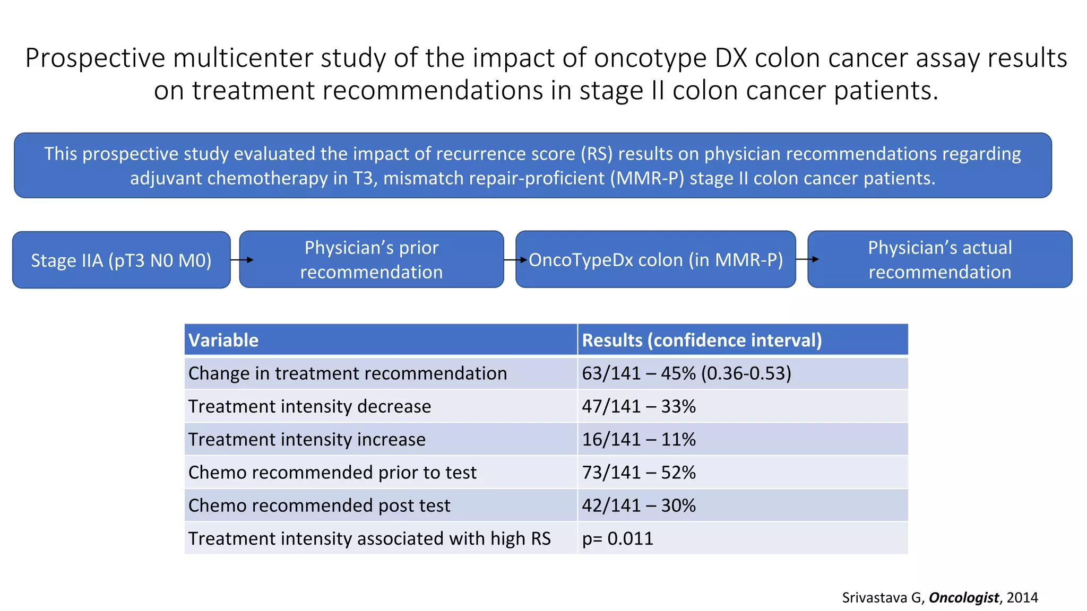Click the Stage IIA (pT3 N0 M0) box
click(x=121, y=260)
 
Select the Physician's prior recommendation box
click(x=372, y=259)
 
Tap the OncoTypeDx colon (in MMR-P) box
click(x=656, y=259)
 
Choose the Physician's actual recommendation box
click(x=940, y=259)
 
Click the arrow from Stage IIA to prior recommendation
click(x=242, y=260)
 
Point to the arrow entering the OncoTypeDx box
click(x=515, y=260)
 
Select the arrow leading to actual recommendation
click(x=807, y=259)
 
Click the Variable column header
click(x=223, y=340)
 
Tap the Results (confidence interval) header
click(x=702, y=340)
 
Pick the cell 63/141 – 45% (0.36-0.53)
click(x=686, y=373)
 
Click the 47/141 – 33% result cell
click(x=639, y=406)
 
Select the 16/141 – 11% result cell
click(x=639, y=440)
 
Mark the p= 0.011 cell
click(x=617, y=538)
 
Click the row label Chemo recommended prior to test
click(x=332, y=473)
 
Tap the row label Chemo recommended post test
click(x=319, y=505)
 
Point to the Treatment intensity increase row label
click(x=307, y=440)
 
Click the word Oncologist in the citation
click(x=963, y=598)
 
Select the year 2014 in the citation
click(x=1022, y=598)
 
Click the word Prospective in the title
click(x=95, y=58)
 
